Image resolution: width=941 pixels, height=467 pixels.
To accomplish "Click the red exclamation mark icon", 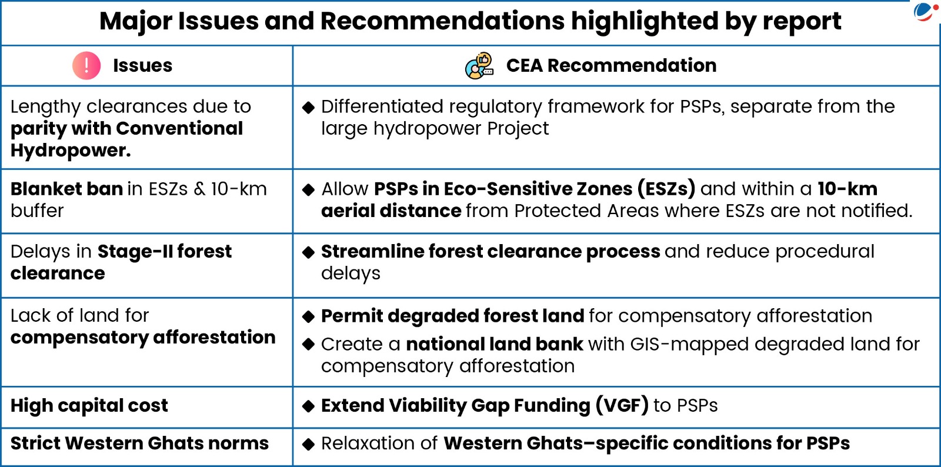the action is tap(86, 65).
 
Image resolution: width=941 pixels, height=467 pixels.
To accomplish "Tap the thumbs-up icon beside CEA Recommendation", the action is tap(479, 65).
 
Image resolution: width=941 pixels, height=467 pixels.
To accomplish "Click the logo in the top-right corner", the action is tap(926, 11).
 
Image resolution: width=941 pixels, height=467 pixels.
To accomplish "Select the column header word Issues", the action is tap(142, 65).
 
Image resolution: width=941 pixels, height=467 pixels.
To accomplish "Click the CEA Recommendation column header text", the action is tap(611, 65).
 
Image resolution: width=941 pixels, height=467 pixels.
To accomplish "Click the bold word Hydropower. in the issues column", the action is tap(71, 151).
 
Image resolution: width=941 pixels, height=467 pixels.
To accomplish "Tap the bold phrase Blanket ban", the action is tap(67, 189).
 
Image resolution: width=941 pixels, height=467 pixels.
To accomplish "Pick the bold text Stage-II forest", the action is tap(164, 252).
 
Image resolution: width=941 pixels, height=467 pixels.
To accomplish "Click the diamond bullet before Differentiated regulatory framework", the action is tap(308, 108).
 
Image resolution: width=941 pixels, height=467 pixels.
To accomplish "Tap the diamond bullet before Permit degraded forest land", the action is tap(308, 316).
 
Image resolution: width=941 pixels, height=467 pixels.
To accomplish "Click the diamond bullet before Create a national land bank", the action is tap(308, 345).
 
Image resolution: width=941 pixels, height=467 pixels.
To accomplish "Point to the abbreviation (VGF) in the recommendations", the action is tap(622, 406).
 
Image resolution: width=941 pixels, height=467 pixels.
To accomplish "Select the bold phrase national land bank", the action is tap(495, 345).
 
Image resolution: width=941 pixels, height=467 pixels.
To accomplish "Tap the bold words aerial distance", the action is tap(391, 211).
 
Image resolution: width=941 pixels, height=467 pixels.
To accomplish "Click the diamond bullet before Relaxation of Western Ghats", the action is tap(308, 444).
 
